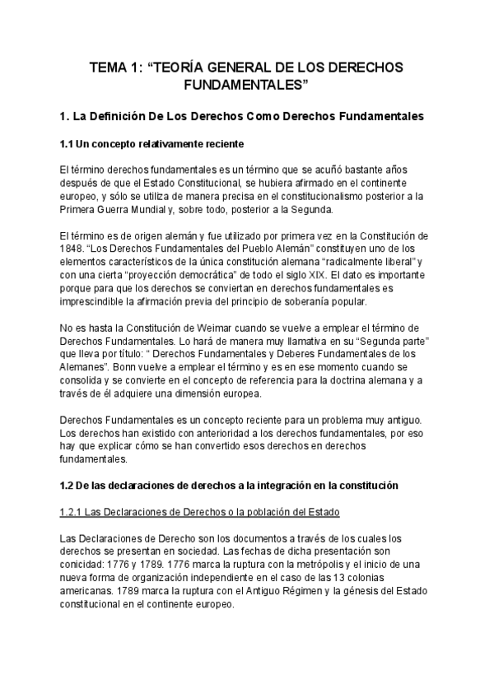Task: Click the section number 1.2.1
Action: click(73, 514)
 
